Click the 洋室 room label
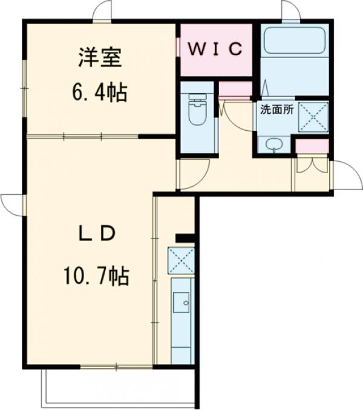coord(100,59)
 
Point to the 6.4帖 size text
coord(100,93)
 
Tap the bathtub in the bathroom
coord(295,42)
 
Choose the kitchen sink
coord(181,300)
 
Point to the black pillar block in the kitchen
coord(185,237)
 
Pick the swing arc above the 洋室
coord(103,10)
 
